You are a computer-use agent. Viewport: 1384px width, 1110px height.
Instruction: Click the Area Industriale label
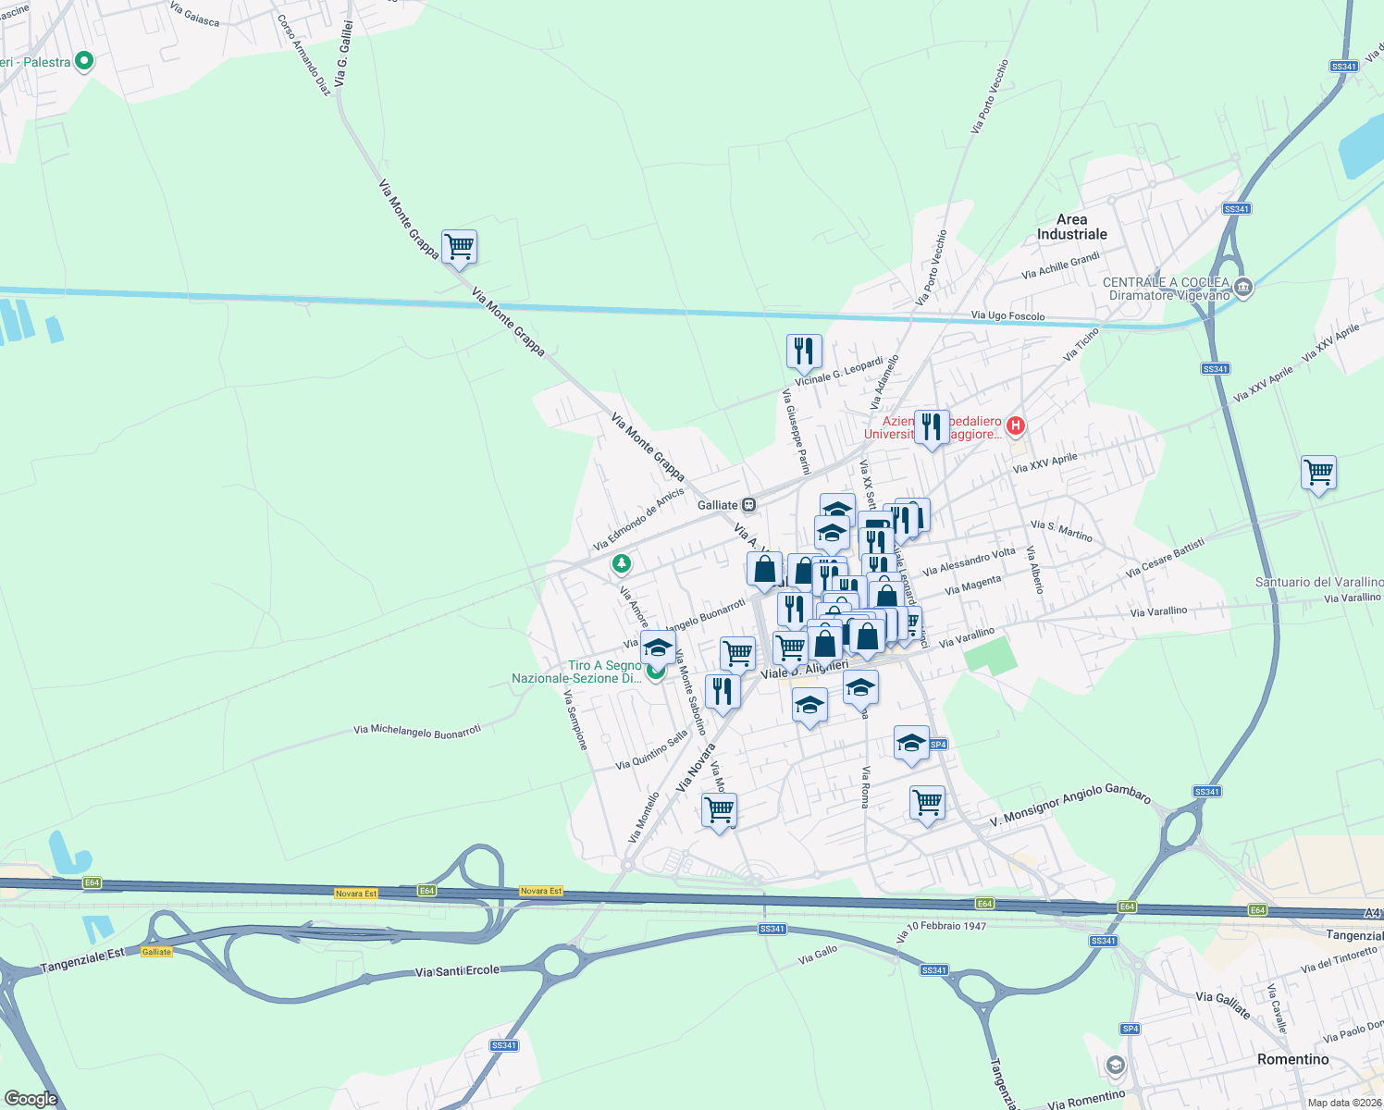1071,227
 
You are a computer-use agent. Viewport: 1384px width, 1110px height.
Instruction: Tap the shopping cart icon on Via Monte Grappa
459,247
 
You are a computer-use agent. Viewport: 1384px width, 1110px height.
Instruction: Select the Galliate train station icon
748,505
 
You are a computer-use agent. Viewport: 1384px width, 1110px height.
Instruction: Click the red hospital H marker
1016,425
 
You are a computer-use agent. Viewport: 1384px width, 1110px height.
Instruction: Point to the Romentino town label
1292,1059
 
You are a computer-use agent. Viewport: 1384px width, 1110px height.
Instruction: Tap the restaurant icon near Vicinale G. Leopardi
804,351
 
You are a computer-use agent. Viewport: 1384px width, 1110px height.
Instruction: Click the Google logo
31,1099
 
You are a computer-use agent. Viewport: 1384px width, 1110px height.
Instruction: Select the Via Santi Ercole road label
457,970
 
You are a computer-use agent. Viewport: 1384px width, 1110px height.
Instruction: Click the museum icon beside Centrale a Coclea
1243,288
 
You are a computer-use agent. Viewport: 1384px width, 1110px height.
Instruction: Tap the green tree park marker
622,562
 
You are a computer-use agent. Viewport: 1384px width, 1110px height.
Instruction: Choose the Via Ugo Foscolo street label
1007,316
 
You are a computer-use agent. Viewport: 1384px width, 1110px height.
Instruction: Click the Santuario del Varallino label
1318,582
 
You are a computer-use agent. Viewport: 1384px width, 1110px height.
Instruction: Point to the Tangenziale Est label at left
82,960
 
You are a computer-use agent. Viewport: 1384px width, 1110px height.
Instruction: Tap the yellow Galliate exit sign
156,952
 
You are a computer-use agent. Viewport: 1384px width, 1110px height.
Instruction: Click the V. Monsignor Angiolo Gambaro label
1070,807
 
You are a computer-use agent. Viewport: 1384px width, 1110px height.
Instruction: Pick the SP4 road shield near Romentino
1130,1029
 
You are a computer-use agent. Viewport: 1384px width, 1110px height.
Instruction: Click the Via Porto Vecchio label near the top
989,97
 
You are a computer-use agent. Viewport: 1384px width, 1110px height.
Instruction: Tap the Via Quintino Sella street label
651,750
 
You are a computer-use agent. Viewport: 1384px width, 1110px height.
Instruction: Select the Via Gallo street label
818,955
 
